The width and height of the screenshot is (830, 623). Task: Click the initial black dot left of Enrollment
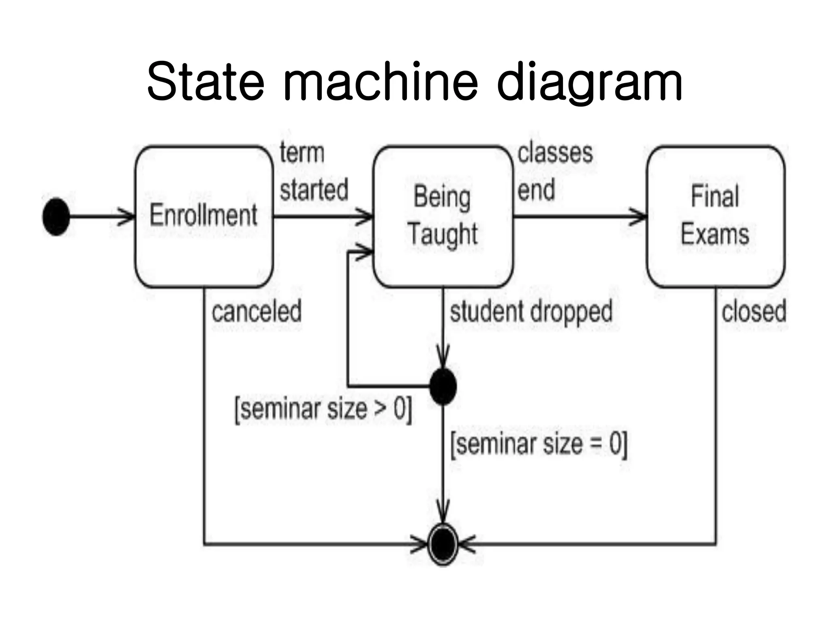56,217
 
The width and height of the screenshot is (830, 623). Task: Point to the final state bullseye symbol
443,544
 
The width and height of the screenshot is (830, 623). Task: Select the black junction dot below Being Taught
443,387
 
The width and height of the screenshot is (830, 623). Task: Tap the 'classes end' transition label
554,172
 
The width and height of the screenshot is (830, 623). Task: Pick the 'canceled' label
257,311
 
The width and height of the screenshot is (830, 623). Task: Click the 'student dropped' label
531,311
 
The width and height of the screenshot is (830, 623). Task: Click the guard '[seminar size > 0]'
323,409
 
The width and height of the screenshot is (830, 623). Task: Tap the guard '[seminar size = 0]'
539,444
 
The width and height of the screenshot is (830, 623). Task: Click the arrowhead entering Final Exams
640,216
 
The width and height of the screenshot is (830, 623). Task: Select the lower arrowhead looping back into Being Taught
365,252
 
